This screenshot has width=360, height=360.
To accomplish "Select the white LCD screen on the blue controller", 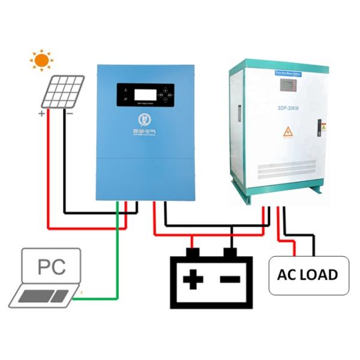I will click(146, 94).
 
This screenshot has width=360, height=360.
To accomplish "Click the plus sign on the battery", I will click(191, 279).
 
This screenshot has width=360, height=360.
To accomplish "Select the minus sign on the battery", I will click(230, 279).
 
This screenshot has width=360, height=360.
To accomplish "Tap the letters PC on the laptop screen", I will click(52, 266).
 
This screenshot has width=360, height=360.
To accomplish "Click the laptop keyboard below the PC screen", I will click(45, 296).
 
